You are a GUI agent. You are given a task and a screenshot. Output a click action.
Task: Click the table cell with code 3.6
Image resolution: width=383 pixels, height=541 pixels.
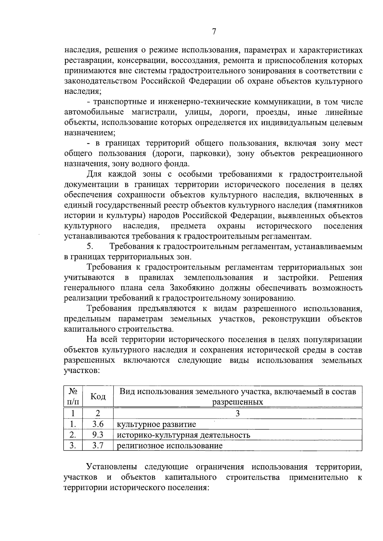[x=98, y=424]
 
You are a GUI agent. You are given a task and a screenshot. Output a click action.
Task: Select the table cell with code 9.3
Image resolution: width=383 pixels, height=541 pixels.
[x=98, y=435]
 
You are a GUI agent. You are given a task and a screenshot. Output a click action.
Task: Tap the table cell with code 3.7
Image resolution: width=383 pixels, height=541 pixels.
[x=98, y=445]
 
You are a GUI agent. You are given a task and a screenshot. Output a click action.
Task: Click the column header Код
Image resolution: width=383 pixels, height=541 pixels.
[x=98, y=397]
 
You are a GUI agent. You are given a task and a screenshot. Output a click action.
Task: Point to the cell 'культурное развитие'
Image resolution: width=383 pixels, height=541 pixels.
[x=156, y=424]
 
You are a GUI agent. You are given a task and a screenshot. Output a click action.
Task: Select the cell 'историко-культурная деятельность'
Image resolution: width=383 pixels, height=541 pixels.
[x=184, y=435]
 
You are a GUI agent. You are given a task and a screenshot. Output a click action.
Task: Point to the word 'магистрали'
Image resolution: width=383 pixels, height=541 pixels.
[x=150, y=113]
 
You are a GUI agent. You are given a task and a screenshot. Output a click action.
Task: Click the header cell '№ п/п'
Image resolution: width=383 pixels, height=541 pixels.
[x=73, y=397]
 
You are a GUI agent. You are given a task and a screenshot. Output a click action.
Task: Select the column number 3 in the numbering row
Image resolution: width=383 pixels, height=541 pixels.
[x=237, y=413]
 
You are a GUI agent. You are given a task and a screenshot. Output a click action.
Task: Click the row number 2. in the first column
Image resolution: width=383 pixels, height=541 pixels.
[x=73, y=435]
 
